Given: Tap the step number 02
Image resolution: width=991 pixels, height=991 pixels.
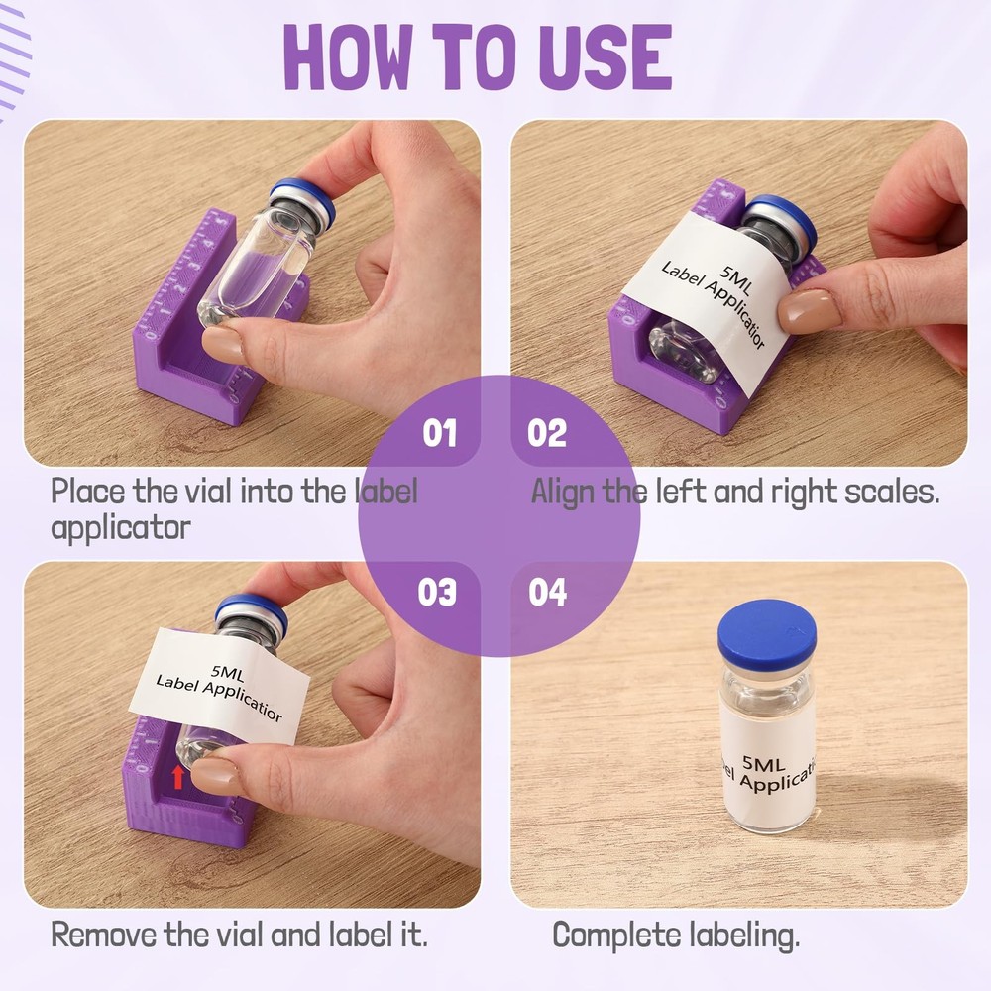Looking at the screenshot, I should coord(547,433).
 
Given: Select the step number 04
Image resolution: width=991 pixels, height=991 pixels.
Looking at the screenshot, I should coord(547,592).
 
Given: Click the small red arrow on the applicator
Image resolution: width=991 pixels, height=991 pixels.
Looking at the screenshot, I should coord(178,776).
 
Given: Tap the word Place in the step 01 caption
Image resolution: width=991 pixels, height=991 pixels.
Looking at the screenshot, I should coord(82,491).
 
